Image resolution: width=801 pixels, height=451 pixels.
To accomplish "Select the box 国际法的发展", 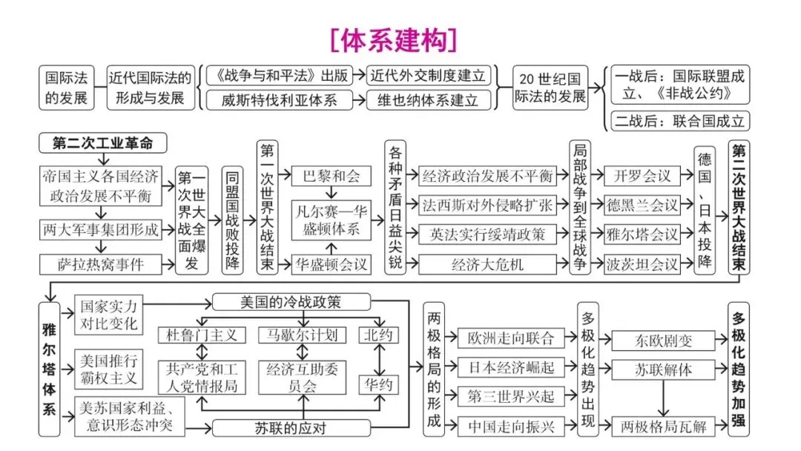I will pos(66,87).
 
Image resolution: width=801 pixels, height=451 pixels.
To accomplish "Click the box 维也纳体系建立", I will pos(428,99).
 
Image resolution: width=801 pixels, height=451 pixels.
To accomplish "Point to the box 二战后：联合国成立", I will pos(679,121).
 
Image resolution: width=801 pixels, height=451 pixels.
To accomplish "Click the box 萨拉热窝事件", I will pos(100,263).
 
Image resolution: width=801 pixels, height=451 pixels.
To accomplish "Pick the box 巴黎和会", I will pos(330,176).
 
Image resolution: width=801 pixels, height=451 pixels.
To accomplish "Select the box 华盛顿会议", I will pos(330,263).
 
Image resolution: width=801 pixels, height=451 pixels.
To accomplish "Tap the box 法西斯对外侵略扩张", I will pos(487,205).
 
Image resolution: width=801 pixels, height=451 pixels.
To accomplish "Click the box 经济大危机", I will pos(487,263).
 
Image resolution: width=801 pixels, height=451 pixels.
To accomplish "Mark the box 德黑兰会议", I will pos(642,205).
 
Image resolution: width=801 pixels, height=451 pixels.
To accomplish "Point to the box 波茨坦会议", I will pos(642,263).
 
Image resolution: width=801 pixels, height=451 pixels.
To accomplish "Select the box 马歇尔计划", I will pos(302,335).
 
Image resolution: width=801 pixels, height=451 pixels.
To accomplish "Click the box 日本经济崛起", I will pos(511,366).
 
